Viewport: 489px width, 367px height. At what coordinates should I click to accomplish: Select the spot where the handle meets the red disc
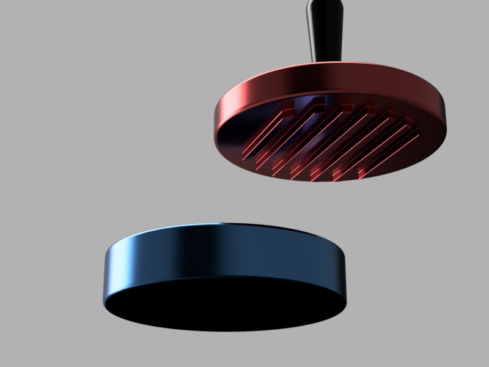click(x=324, y=61)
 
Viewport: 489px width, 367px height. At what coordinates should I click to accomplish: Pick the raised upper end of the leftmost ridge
click(x=285, y=110)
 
